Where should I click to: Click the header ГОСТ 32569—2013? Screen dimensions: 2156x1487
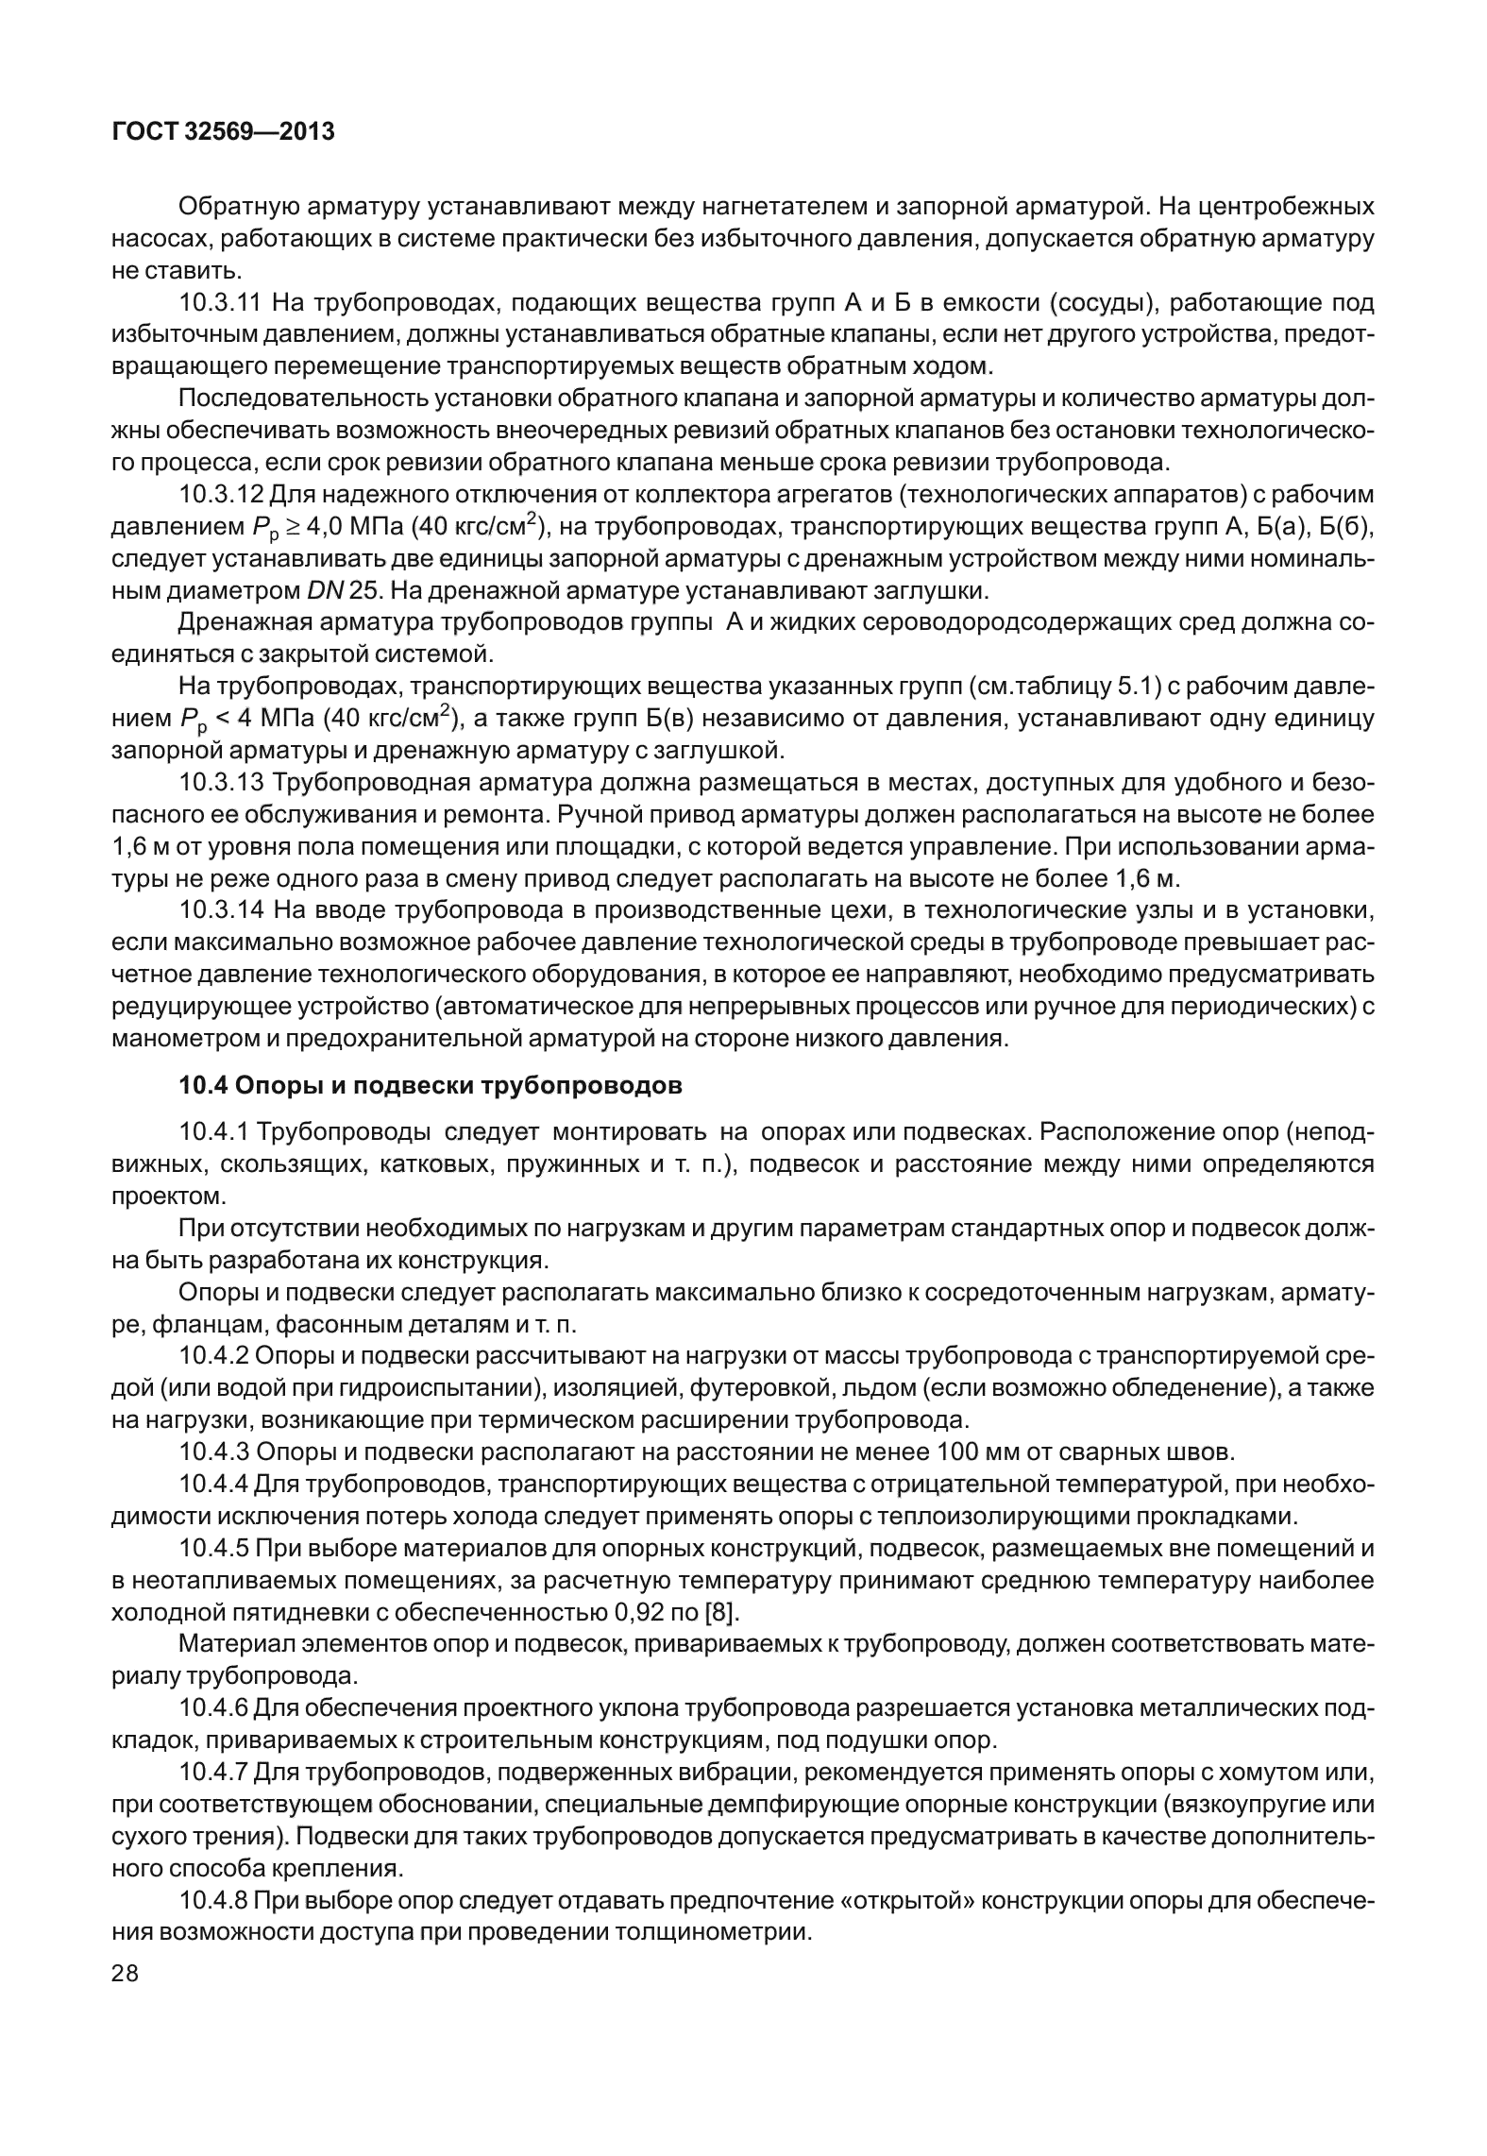point(223,132)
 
